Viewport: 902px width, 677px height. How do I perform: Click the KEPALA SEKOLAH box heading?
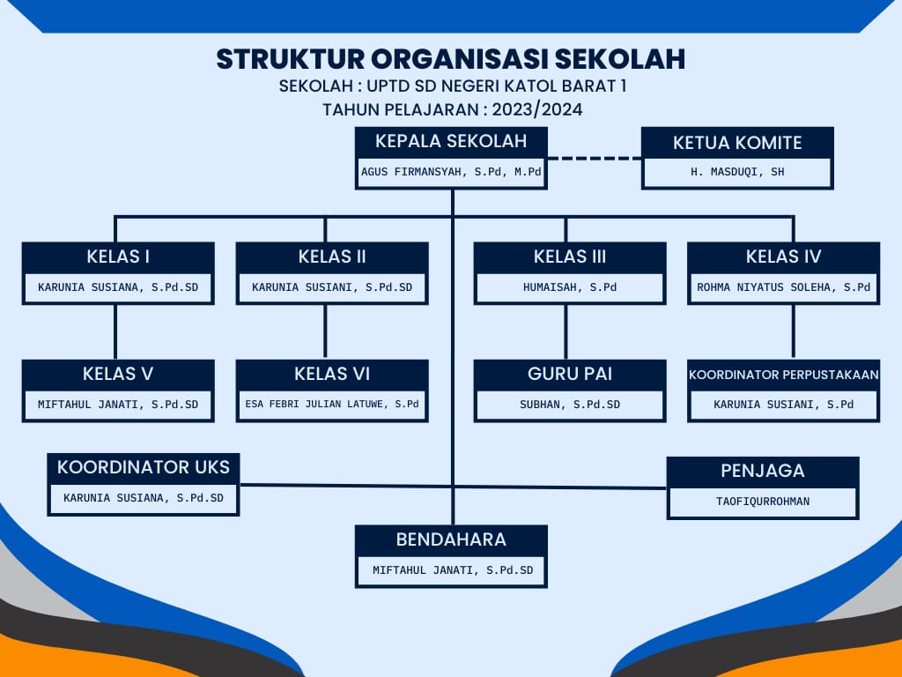(x=451, y=141)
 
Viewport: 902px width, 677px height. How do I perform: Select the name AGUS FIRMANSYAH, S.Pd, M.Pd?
(x=451, y=172)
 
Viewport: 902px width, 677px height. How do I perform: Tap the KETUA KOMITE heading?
(x=737, y=143)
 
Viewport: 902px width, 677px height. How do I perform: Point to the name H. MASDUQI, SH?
(x=737, y=172)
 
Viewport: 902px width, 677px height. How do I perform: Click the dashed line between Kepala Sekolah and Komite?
(x=595, y=158)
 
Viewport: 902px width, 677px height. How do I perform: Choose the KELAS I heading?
(x=118, y=257)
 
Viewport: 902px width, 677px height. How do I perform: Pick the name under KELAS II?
(x=332, y=286)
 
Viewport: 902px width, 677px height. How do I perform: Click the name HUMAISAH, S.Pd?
(x=570, y=286)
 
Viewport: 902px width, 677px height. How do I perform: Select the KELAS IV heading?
(x=783, y=257)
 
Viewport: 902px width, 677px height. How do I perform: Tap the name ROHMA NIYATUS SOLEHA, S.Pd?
(x=783, y=286)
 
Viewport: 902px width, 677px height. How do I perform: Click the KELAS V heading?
(x=118, y=374)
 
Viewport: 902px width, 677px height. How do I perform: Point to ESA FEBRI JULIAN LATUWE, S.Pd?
(x=332, y=404)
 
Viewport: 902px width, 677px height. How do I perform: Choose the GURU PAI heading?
(x=570, y=374)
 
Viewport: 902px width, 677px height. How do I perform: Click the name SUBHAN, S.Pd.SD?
(x=570, y=404)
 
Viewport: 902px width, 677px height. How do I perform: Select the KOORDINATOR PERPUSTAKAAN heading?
(x=783, y=375)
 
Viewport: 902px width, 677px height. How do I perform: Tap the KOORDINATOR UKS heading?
(x=144, y=467)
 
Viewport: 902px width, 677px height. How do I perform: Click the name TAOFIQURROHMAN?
(x=763, y=502)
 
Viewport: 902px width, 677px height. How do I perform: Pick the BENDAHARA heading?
(x=451, y=539)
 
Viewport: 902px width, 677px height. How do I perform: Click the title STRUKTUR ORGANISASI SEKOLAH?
(x=451, y=59)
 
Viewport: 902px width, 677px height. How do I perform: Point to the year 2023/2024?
(x=537, y=109)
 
